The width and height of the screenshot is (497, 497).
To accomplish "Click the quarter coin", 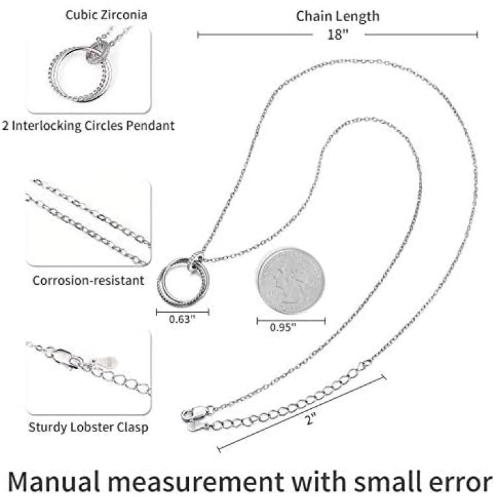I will (291, 280).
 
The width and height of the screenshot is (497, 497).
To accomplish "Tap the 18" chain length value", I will (337, 34).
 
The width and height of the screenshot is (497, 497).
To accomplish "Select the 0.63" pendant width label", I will (182, 319).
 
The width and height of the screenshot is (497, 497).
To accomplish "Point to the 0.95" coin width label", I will (284, 326).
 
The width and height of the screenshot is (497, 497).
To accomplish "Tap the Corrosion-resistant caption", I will (88, 280).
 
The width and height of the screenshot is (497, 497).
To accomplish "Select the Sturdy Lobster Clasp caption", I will (88, 427).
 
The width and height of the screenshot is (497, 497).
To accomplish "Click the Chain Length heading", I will (338, 16).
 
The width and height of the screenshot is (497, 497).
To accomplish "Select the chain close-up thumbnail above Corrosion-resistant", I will (88, 222).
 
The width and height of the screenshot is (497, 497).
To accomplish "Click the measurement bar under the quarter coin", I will (291, 321).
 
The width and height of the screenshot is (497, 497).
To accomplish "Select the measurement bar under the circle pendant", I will (182, 311).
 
